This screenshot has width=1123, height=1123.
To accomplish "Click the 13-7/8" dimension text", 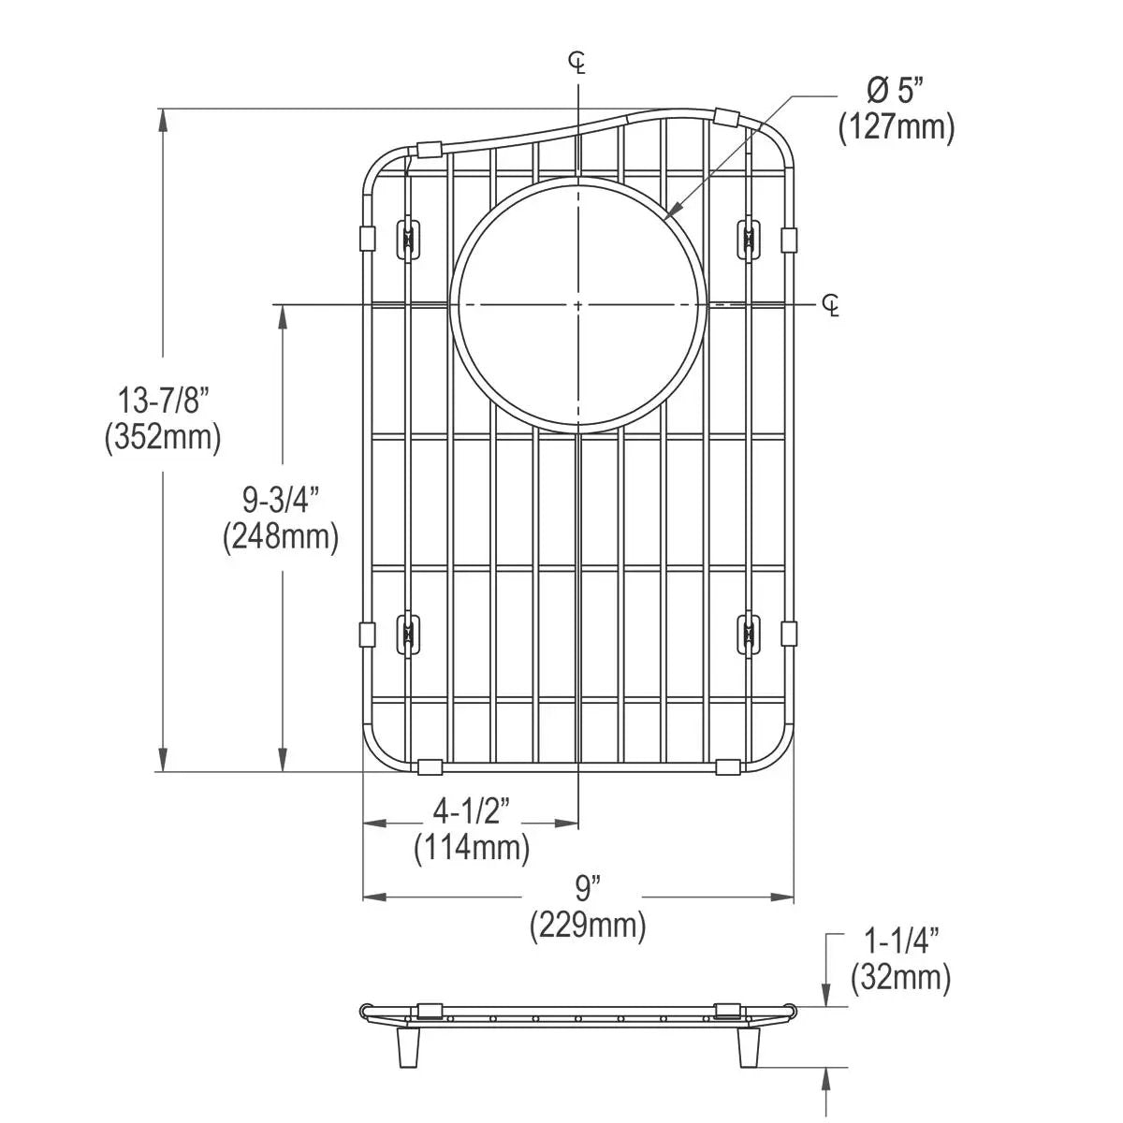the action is tap(163, 401).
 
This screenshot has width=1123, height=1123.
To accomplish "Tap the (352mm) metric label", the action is tap(163, 437).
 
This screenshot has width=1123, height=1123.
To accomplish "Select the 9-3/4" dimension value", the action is tap(281, 500).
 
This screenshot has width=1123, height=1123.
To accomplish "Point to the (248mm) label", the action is tap(281, 536).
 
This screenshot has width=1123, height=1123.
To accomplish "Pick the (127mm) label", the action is tap(897, 126).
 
